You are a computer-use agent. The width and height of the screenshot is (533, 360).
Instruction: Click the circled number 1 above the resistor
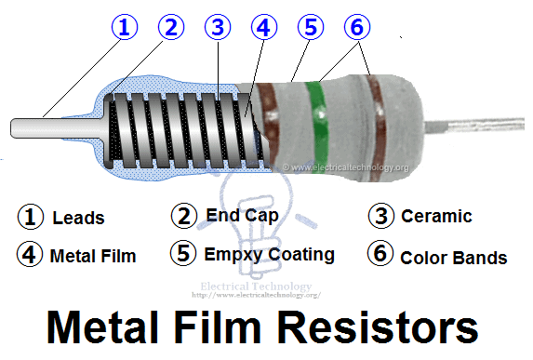coord(123,27)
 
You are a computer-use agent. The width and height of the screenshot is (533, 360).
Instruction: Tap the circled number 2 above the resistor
coord(169,27)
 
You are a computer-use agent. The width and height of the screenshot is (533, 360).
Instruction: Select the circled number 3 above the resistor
coord(218,27)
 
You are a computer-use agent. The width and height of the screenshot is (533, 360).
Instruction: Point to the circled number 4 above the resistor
coord(265,27)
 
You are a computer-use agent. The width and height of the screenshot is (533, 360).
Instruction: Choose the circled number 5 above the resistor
coord(311,27)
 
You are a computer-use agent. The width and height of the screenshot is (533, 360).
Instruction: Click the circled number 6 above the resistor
coord(356,27)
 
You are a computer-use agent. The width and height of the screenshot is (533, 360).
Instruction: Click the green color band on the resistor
coord(317,120)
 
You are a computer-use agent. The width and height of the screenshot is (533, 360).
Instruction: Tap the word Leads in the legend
coord(78,219)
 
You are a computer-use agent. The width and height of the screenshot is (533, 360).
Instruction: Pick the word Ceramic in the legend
coord(436,217)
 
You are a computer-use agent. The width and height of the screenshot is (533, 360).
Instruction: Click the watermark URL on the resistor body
coord(345,167)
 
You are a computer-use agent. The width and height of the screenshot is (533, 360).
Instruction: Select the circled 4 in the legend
coord(31,255)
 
